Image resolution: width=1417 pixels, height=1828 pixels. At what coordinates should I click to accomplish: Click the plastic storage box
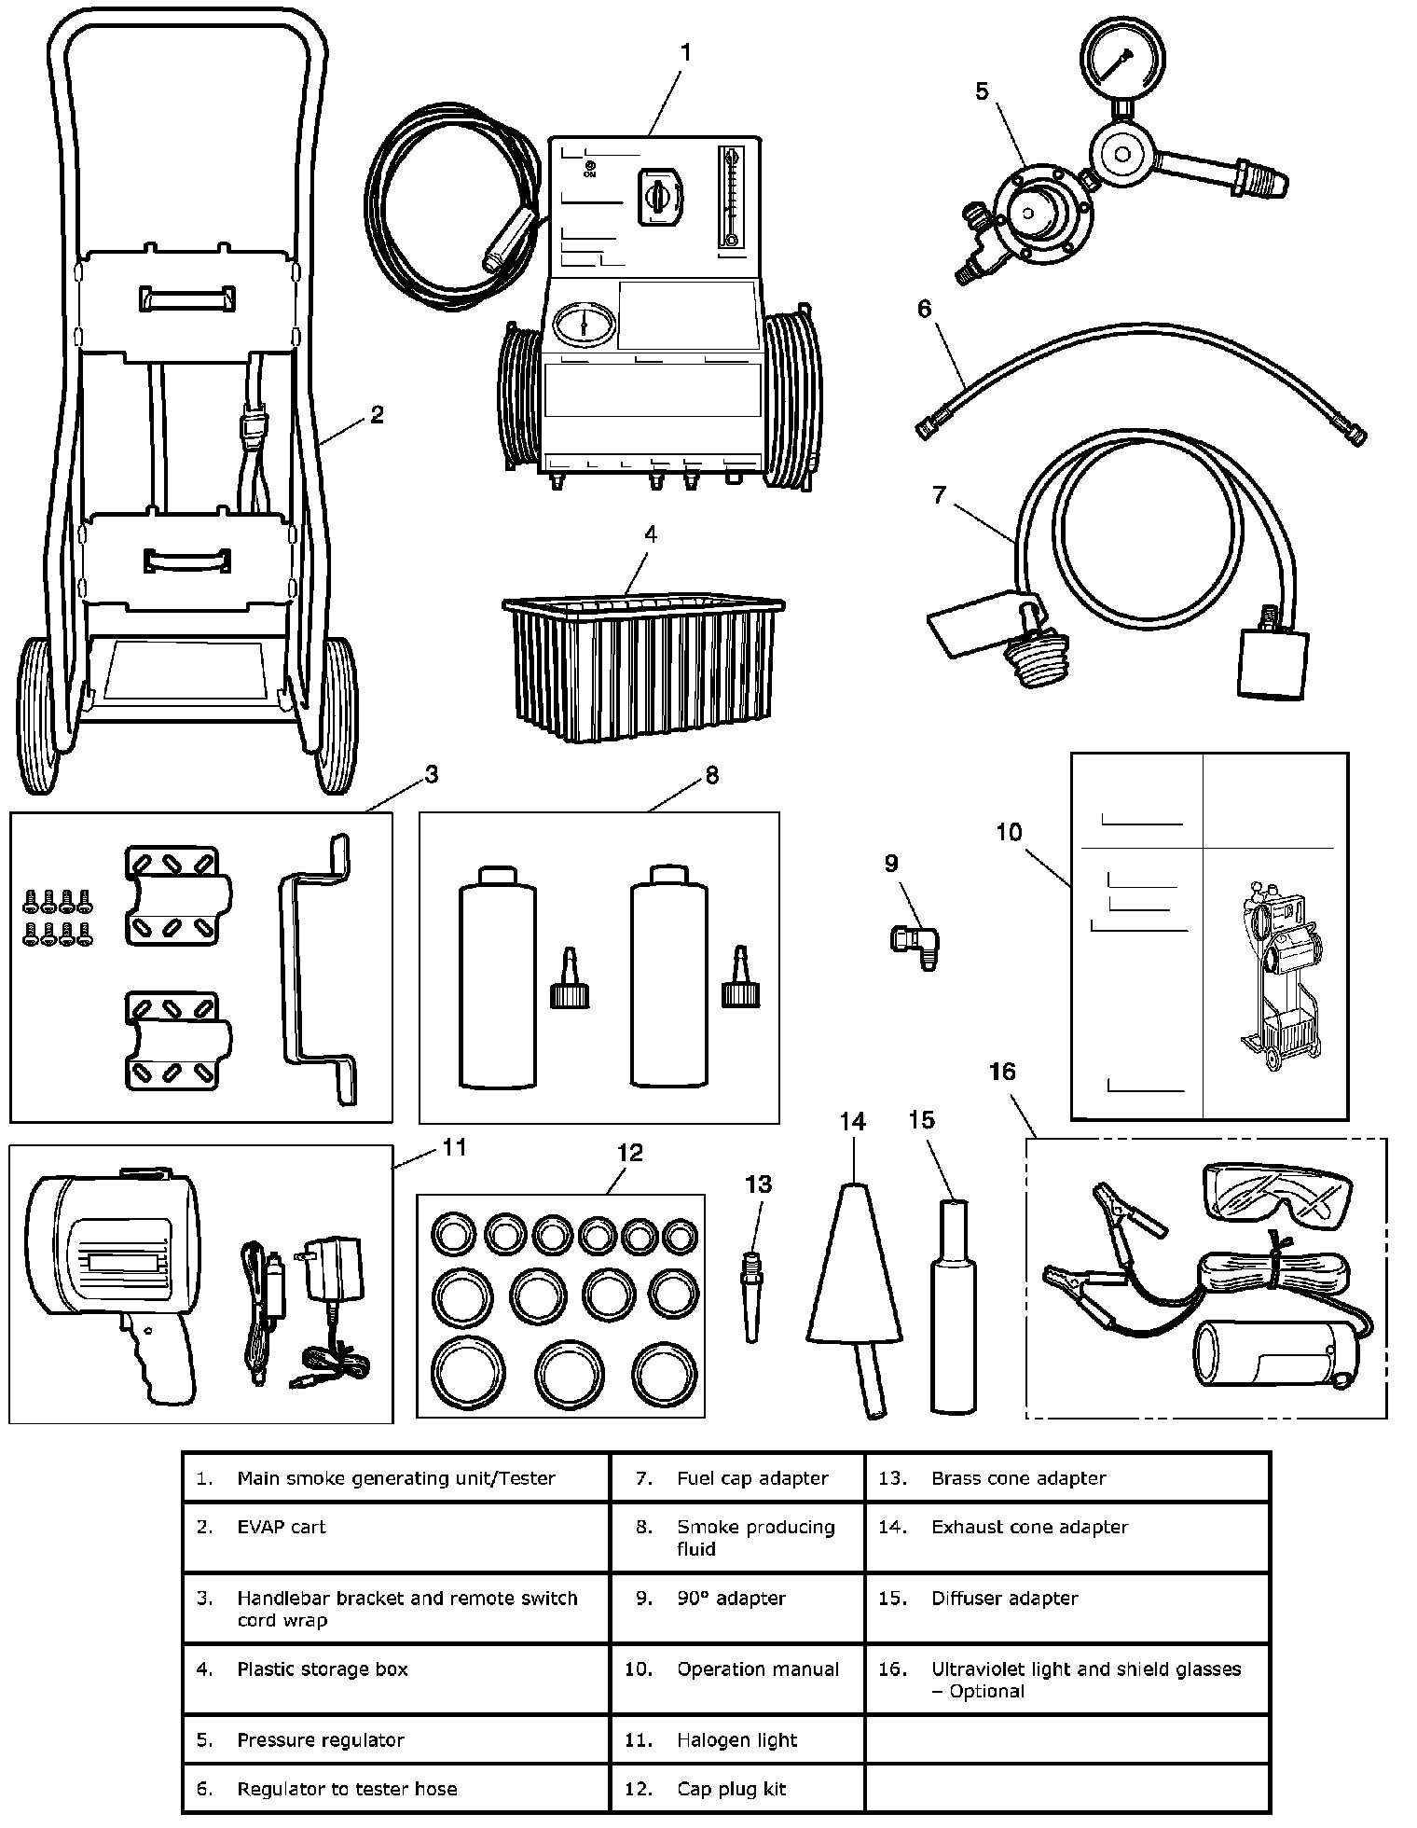tap(642, 666)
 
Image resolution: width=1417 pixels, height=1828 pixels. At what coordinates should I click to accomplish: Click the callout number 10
tap(1009, 832)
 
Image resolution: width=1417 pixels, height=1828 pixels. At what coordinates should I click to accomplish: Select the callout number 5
tap(981, 91)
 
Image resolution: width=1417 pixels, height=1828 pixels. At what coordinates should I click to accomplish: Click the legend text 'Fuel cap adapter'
tap(751, 1478)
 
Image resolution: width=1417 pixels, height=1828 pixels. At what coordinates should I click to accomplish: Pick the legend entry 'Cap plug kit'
tap(731, 1789)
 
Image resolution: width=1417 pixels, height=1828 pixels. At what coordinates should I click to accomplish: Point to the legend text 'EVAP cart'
tap(281, 1527)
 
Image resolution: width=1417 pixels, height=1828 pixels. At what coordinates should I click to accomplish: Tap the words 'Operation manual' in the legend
tap(757, 1669)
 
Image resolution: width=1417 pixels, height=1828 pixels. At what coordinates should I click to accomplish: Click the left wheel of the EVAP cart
tap(39, 713)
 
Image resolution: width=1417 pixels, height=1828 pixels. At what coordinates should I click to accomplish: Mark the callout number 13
tap(758, 1184)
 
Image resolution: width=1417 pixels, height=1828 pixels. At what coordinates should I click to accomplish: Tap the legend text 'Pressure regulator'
tap(320, 1739)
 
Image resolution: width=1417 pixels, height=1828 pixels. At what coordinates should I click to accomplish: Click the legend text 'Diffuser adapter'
tap(1004, 1598)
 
